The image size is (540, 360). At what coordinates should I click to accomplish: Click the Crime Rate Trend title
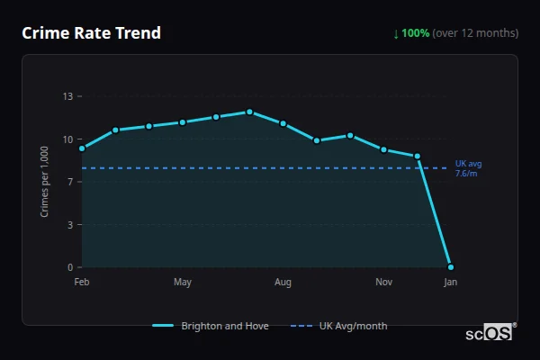pos(91,33)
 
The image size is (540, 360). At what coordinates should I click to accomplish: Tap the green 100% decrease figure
pos(415,33)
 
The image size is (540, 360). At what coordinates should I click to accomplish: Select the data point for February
pos(82,148)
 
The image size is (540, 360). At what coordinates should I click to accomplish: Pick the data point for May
pos(183,122)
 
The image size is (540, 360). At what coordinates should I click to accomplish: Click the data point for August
pos(283,123)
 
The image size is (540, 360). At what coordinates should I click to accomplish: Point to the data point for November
pos(384,149)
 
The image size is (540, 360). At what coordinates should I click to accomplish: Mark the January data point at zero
pos(451,267)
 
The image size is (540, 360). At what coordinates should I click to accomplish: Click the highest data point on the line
pos(249,112)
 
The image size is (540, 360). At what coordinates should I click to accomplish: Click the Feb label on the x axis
pos(82,283)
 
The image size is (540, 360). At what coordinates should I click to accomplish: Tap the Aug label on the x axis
pos(283,283)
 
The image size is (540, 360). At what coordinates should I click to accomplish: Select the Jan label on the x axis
pos(451,283)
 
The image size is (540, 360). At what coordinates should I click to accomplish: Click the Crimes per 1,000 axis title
pos(45,182)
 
